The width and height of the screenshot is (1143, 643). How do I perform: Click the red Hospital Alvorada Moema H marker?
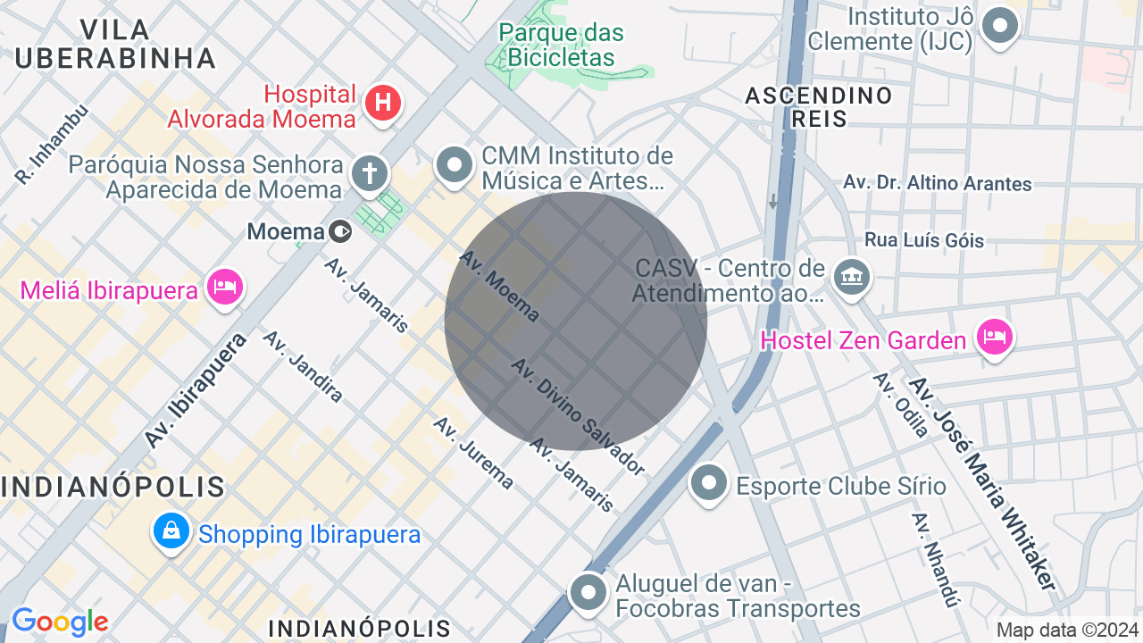tap(383, 103)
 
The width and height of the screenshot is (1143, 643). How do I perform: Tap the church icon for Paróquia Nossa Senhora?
tap(369, 172)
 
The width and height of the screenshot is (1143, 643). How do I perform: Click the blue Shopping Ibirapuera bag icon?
tap(171, 531)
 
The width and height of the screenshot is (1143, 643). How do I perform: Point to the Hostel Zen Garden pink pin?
tap(994, 338)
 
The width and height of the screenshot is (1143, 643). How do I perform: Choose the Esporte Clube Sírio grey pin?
tap(710, 484)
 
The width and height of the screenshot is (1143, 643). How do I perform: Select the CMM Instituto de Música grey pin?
tap(455, 165)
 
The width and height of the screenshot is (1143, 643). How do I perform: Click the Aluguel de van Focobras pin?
tap(588, 592)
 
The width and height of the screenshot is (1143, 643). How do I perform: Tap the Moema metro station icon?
tap(340, 232)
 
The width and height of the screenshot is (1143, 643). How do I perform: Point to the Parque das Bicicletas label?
tap(561, 46)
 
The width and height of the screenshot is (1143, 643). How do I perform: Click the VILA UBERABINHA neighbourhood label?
tap(115, 44)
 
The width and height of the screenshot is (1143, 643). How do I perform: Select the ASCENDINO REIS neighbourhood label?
tap(819, 106)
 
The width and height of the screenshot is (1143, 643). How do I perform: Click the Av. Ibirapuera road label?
tap(196, 390)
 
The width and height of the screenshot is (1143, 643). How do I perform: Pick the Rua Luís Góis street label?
tap(924, 240)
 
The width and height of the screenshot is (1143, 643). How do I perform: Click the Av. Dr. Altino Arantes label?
tap(938, 183)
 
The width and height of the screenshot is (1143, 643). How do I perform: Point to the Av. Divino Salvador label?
tap(578, 416)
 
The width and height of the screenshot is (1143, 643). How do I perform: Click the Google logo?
tap(60, 622)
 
